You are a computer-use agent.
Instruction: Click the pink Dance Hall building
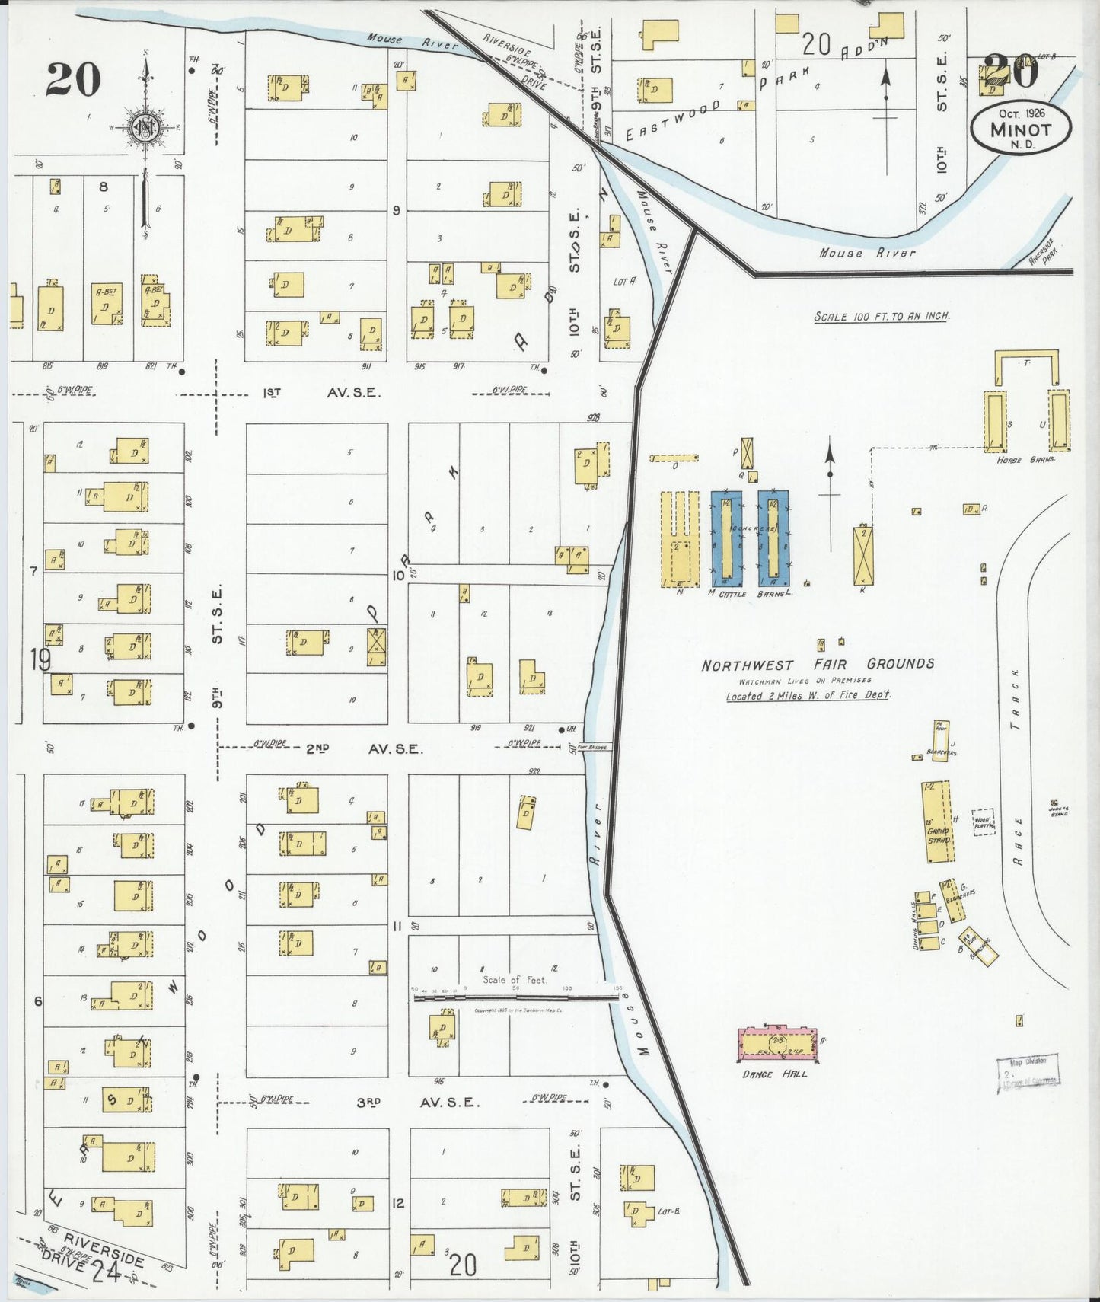click(778, 1045)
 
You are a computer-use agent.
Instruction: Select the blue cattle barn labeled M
click(726, 538)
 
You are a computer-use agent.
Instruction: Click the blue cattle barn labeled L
click(773, 538)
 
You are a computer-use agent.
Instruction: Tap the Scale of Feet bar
click(515, 996)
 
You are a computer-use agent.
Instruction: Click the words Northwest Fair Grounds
click(818, 665)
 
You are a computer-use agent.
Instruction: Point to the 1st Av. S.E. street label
click(320, 393)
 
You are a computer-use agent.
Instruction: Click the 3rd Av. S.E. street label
click(418, 1102)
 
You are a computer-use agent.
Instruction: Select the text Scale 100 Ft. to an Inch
click(882, 316)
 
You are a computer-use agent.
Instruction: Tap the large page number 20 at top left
click(73, 80)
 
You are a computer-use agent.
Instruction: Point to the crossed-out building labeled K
click(862, 556)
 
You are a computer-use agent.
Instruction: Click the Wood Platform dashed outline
click(984, 822)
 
